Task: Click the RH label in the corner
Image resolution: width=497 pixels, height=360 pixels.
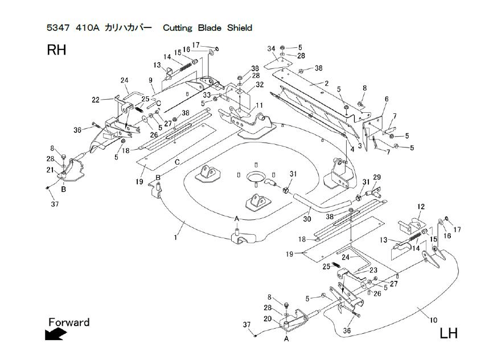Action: click(56, 50)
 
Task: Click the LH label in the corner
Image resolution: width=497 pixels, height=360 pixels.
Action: click(448, 333)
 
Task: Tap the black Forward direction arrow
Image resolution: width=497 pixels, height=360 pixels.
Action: click(55, 335)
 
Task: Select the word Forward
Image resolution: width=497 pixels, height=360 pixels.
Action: click(69, 322)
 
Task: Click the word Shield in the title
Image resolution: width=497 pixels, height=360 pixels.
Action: click(239, 27)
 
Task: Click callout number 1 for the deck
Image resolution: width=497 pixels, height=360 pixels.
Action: click(175, 237)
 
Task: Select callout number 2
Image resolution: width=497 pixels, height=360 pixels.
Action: click(327, 84)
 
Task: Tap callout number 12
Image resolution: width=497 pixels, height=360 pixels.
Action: click(421, 206)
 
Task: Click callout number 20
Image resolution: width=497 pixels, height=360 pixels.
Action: click(267, 318)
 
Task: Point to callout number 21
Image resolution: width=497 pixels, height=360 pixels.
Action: click(50, 170)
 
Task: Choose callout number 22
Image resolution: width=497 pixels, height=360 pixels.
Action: click(95, 100)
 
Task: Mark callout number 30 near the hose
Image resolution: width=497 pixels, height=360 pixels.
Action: click(306, 218)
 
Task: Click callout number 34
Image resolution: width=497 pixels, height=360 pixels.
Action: click(271, 48)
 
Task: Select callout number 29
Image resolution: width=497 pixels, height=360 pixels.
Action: click(376, 178)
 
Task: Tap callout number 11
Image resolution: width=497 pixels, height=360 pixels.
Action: click(259, 105)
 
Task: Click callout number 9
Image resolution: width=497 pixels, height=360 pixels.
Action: click(150, 80)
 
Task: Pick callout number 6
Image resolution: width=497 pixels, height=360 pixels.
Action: click(387, 99)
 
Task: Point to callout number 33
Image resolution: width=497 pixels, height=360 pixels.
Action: click(206, 95)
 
